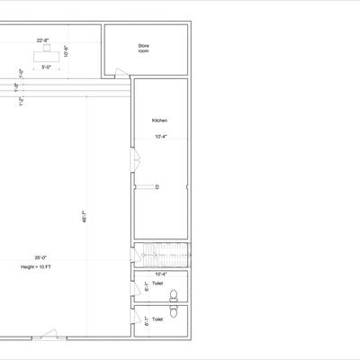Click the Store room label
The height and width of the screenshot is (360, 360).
click(143, 48)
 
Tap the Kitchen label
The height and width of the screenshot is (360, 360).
click(158, 121)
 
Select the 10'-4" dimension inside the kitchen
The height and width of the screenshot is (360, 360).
click(161, 137)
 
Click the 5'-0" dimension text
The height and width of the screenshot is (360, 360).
click(45, 66)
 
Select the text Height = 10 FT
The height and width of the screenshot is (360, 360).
click(37, 267)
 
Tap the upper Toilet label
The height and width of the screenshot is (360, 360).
click(157, 283)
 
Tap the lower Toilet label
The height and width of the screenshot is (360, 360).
click(157, 319)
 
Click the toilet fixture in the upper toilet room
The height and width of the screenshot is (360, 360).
click(174, 293)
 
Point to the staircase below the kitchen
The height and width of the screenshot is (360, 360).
click(161, 253)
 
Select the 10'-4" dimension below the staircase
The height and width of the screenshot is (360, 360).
click(161, 273)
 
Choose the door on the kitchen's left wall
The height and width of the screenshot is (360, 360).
click(136, 162)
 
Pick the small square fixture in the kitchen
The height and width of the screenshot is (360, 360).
click(156, 187)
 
